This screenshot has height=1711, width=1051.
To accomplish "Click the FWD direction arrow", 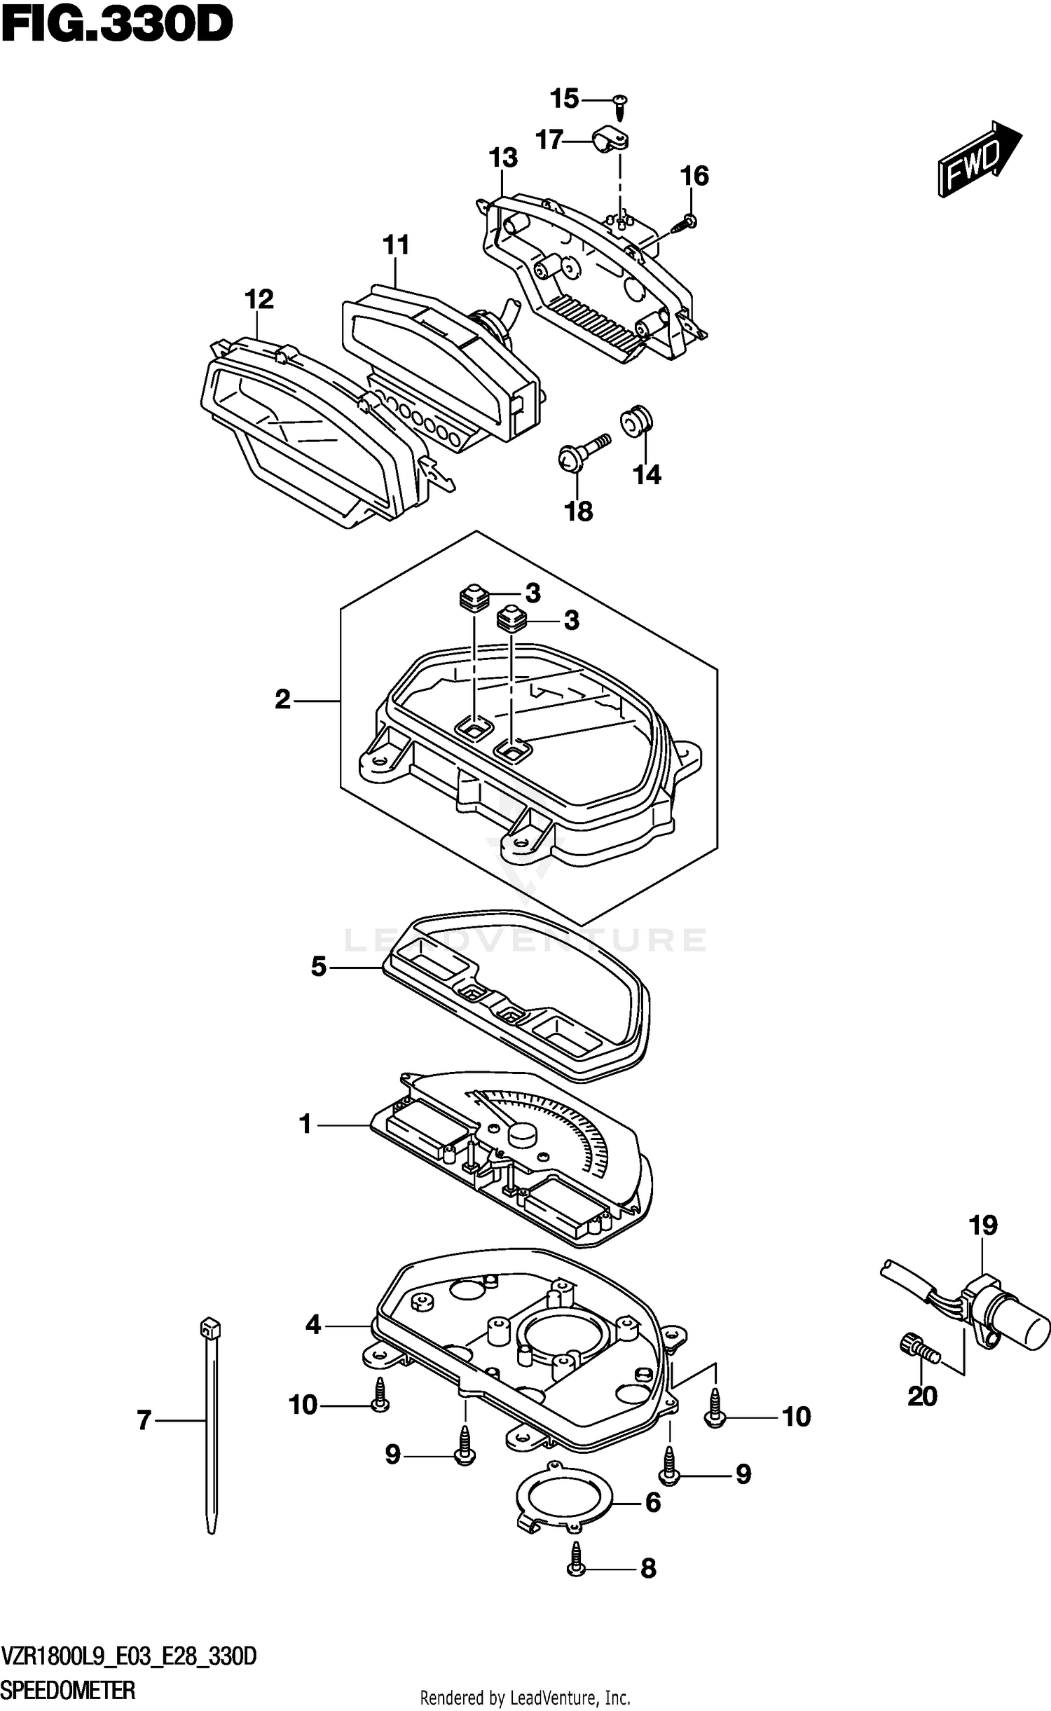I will pyautogui.click(x=978, y=158).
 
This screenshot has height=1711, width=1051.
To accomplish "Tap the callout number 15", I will pyautogui.click(x=564, y=99).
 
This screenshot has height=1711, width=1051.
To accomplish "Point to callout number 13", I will pyautogui.click(x=503, y=158).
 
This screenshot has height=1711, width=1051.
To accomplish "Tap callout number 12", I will pyautogui.click(x=259, y=299).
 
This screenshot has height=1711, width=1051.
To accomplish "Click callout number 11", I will pyautogui.click(x=396, y=245).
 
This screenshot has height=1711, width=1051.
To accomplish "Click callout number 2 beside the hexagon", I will pyautogui.click(x=282, y=699).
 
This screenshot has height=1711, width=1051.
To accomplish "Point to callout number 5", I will pyautogui.click(x=319, y=967).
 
